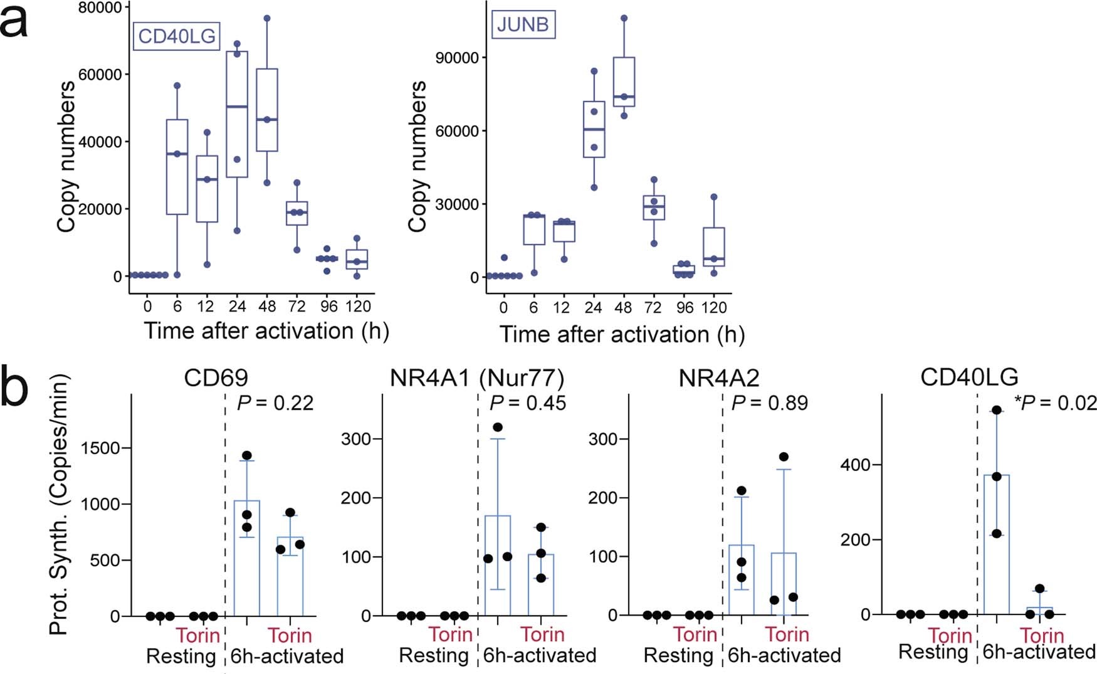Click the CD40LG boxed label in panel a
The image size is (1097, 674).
176,36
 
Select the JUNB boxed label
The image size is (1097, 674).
523,24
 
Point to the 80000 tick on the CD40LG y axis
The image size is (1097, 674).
100,8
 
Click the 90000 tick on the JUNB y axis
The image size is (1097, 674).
456,58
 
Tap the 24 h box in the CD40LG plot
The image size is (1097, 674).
237,114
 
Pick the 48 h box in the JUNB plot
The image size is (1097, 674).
624,82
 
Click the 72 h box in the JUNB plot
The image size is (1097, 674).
654,208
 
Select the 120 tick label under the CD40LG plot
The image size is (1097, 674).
357,307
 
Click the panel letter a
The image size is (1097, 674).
14,22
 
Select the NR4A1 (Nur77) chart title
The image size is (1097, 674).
476,378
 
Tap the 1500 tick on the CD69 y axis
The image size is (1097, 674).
105,448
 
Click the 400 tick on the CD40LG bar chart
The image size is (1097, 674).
856,465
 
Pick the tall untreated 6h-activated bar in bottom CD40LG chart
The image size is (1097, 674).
996,544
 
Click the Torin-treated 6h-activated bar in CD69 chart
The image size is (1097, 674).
290,576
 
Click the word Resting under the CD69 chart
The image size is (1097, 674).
181,656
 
